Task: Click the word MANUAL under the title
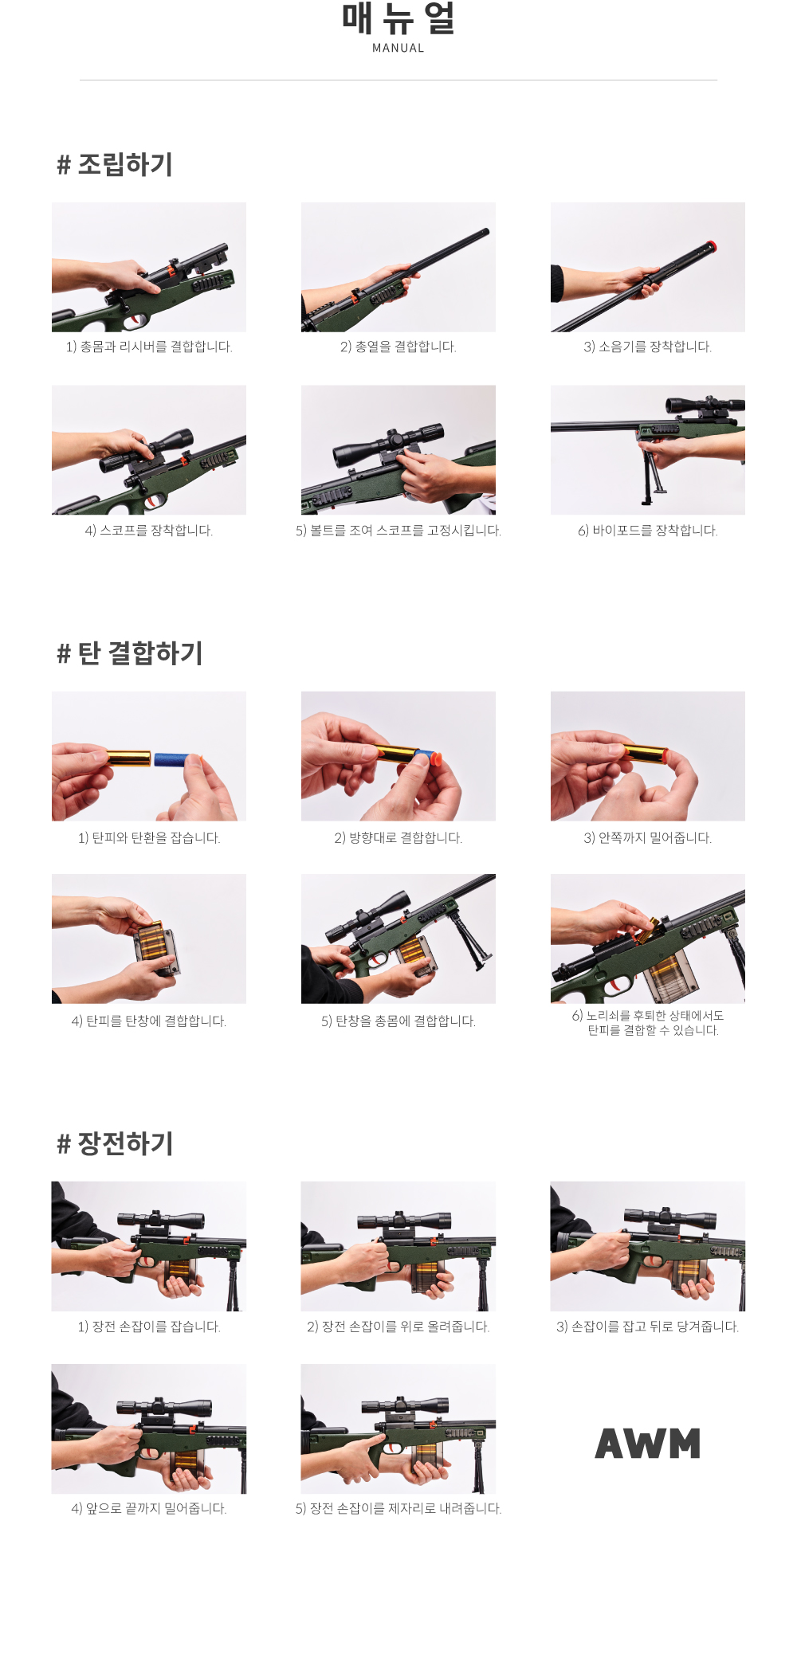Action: coord(398,48)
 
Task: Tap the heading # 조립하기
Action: coord(115,164)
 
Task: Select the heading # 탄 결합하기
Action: coord(130,653)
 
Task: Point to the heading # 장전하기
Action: coord(115,1143)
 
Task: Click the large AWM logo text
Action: coord(647,1443)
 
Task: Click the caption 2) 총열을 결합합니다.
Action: coord(398,347)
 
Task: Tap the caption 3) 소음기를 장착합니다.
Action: coord(648,347)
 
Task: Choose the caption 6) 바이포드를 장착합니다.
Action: coord(648,531)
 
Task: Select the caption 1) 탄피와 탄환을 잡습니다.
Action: coord(149,837)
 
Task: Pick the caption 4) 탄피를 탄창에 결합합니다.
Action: coord(149,1021)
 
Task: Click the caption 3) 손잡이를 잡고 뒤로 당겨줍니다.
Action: coord(648,1327)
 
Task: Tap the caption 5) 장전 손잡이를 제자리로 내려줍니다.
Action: coord(398,1508)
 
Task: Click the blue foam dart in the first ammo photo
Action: coord(177,759)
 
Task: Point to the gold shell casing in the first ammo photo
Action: coord(128,757)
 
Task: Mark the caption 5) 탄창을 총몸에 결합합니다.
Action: coord(398,1021)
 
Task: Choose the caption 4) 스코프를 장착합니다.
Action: coord(149,531)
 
